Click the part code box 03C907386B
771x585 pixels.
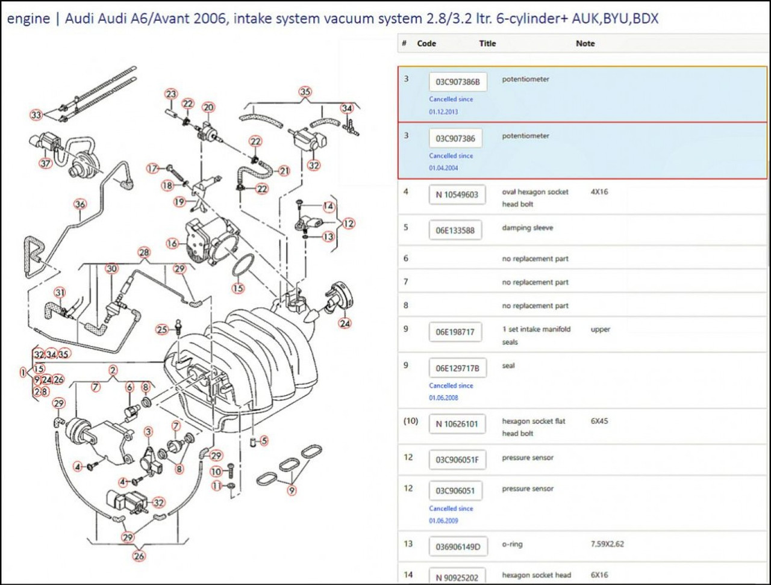tap(458, 82)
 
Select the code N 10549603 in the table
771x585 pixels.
tap(457, 195)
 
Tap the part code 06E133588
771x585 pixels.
tap(455, 231)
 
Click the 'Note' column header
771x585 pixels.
tap(585, 43)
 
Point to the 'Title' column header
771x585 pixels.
tap(487, 43)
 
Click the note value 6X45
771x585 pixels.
tap(599, 421)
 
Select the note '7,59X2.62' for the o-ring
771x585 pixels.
tap(607, 544)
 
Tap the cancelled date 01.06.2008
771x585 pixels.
tap(443, 398)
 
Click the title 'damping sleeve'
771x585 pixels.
tap(527, 228)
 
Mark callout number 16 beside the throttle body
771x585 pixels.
tap(173, 244)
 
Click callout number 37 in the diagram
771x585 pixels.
tap(46, 164)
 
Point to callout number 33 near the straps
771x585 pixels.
tap(37, 114)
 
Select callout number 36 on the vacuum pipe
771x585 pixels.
tap(80, 204)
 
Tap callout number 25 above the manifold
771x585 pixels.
tap(161, 329)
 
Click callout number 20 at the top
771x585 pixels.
tap(208, 108)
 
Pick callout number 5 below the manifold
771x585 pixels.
tap(264, 441)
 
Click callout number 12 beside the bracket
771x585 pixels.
tap(349, 223)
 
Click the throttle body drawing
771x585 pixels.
tap(208, 241)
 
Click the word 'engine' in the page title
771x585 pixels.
tap(28, 19)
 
